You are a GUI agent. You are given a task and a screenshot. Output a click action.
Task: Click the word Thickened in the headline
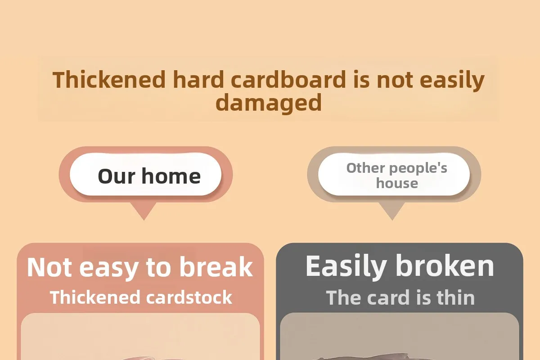109,79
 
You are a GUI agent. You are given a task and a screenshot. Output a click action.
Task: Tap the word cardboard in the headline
288,79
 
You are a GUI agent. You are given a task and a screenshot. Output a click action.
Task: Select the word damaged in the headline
269,103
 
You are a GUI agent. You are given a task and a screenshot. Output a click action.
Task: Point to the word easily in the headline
452,81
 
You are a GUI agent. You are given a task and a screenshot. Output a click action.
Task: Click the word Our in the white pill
117,176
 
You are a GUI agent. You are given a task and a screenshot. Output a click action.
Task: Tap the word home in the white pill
171,176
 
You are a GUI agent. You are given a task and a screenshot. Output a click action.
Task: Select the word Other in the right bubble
366,168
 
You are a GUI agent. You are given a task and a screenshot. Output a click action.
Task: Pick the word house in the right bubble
397,184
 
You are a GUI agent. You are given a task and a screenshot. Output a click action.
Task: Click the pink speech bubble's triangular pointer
144,210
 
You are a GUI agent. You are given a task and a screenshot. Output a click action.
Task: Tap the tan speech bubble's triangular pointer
392,210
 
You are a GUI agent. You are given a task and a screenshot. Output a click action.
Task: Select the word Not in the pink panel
49,267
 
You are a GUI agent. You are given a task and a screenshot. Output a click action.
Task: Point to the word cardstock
189,297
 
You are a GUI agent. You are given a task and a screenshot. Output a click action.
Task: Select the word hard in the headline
198,79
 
